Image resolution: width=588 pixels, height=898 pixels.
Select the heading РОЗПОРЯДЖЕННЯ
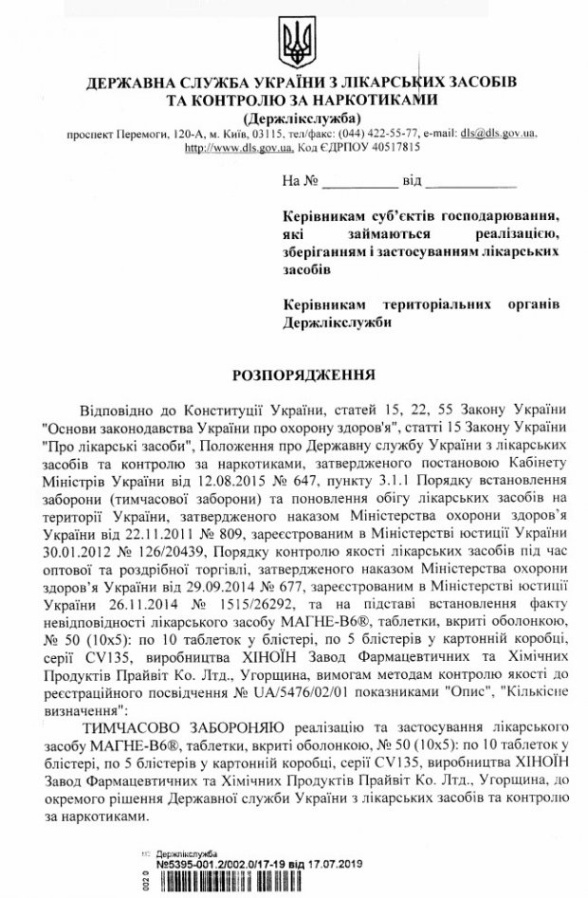(x=293, y=375)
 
